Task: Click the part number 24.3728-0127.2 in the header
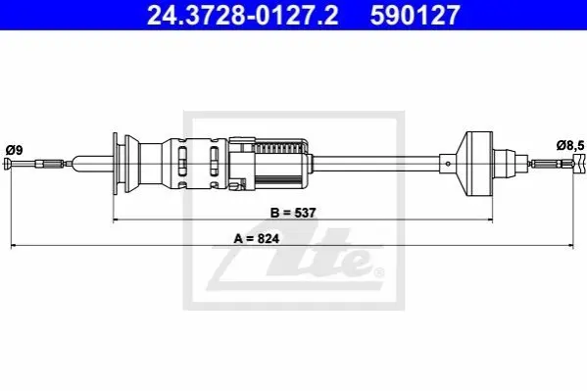243,15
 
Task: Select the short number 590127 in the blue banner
415,15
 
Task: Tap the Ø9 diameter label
15,150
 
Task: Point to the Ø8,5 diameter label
570,145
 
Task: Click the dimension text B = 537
293,213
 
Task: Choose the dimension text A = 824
257,238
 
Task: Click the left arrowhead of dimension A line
14,246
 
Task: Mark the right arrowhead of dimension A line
570,246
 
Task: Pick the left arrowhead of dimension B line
117,220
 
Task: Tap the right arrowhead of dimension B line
489,220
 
